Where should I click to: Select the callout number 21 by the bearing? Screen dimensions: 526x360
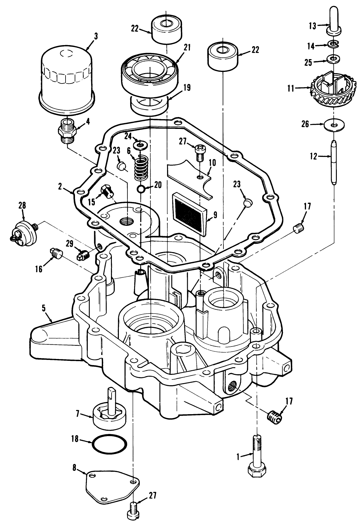(187, 48)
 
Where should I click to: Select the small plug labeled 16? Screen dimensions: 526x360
(56, 253)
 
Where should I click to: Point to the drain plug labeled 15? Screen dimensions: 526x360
(106, 191)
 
